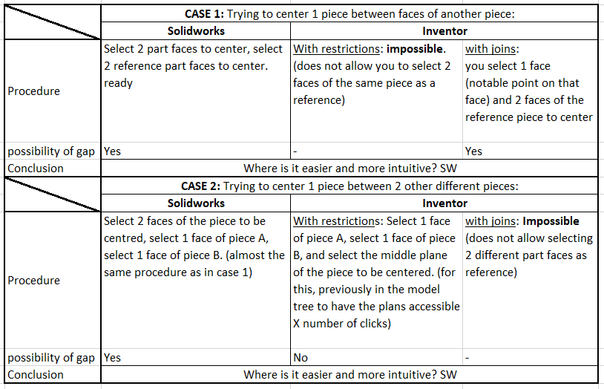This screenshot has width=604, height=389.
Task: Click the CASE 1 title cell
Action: (x=349, y=13)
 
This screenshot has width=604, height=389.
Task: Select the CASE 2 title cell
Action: (x=349, y=186)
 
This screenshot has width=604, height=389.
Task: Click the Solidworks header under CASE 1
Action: (x=196, y=31)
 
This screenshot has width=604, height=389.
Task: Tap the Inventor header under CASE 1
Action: (x=444, y=31)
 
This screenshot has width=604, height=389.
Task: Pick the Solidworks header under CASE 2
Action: (x=196, y=203)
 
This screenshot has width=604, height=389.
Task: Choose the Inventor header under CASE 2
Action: (x=444, y=203)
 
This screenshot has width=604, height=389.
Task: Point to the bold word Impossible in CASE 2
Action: (x=551, y=220)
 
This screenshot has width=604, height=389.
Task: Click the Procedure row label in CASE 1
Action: (x=33, y=91)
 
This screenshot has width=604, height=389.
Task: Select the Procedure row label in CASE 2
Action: (x=33, y=281)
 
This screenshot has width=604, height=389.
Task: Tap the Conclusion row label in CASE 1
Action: (x=36, y=168)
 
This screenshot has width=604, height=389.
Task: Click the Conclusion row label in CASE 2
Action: (x=36, y=375)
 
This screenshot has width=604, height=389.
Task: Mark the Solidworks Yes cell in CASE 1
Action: (x=112, y=151)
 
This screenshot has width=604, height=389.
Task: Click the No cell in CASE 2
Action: (x=301, y=358)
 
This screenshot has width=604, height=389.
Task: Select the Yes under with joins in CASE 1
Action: (x=473, y=151)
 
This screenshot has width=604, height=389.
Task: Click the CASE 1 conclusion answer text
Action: (x=349, y=168)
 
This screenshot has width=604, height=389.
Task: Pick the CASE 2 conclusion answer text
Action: (x=349, y=375)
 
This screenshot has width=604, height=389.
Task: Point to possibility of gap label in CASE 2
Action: (x=51, y=358)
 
